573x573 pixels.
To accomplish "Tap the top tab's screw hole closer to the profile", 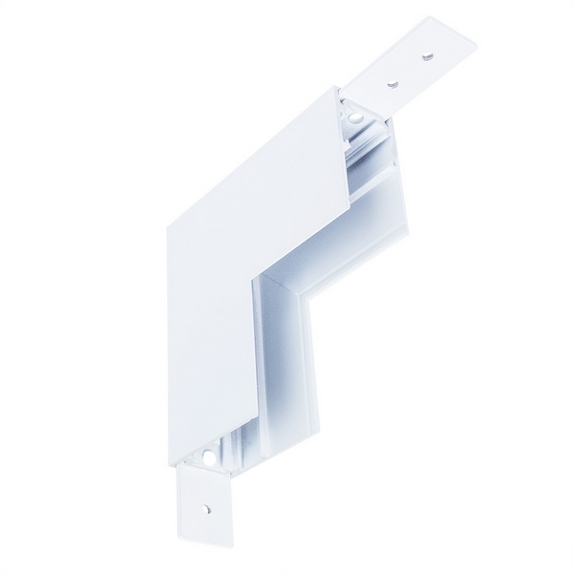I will click(391, 84).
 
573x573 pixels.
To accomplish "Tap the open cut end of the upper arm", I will click(363, 143).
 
